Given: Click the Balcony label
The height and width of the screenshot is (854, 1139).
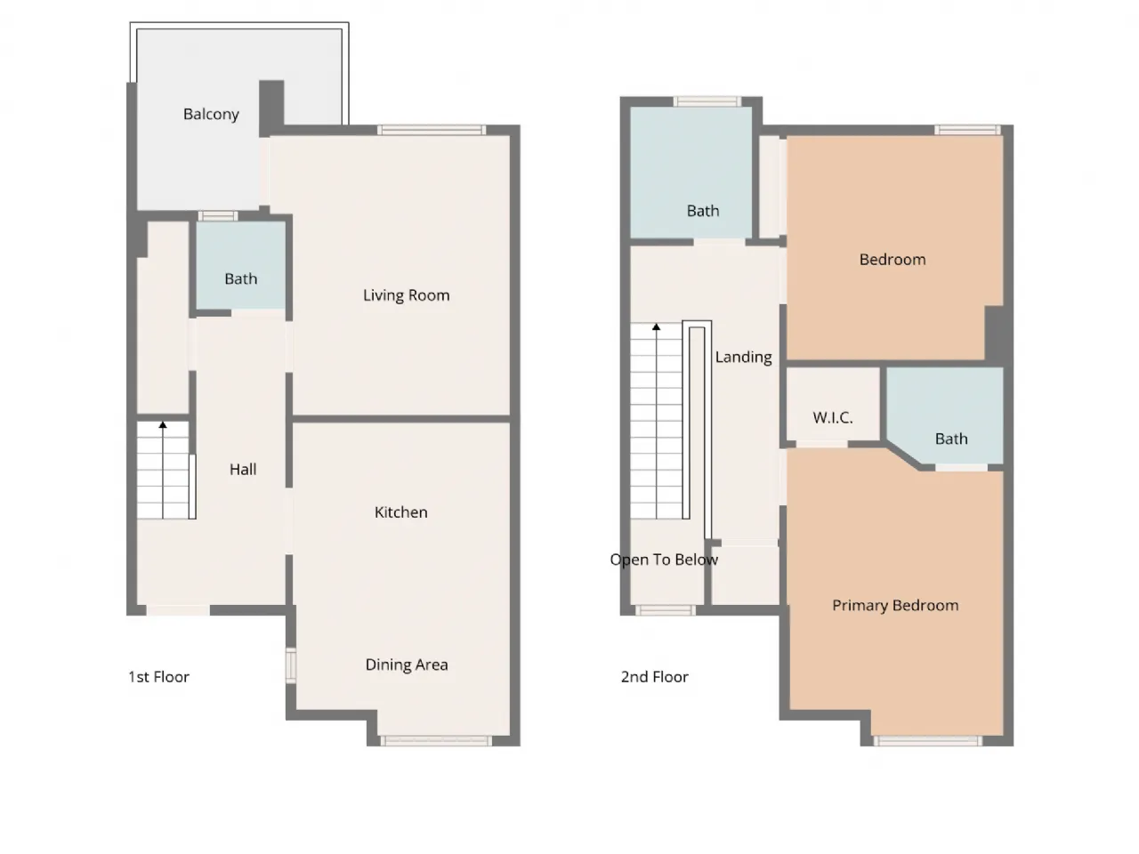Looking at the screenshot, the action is tap(211, 114).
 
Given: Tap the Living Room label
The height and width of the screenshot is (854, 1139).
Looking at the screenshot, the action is tap(406, 295).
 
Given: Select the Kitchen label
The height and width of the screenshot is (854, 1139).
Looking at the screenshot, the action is tap(400, 512).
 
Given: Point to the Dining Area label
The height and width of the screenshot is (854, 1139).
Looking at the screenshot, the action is tap(407, 665).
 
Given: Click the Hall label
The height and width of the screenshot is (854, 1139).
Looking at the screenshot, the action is tap(243, 469).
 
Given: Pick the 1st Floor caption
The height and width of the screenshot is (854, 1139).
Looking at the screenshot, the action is tap(158, 676).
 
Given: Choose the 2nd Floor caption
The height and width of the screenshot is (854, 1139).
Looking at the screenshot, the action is tap(654, 676).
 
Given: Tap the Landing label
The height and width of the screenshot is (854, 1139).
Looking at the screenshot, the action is tap(743, 357).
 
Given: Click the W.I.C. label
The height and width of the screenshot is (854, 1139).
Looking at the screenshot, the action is tap(832, 417).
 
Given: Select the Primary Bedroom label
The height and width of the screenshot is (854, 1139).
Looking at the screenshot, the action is tap(895, 605).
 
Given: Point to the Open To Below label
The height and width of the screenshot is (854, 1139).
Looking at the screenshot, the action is tap(664, 560).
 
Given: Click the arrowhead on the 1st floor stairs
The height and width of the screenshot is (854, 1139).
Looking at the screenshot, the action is tap(163, 424).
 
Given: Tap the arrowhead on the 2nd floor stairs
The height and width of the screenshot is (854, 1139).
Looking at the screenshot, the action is tap(657, 327).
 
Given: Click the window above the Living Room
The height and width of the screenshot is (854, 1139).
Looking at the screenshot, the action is tap(432, 130).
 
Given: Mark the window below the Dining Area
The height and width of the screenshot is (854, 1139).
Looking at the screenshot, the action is tap(436, 740).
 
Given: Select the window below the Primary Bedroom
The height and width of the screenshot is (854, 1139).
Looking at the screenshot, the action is tap(927, 740).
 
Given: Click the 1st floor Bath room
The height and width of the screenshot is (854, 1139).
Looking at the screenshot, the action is tap(241, 265).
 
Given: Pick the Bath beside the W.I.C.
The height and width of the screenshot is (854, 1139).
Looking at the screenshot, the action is tap(945, 415).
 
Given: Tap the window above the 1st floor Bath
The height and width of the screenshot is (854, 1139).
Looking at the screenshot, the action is tap(217, 215).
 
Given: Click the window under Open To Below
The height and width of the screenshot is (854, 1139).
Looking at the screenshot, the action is tap(666, 609).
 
